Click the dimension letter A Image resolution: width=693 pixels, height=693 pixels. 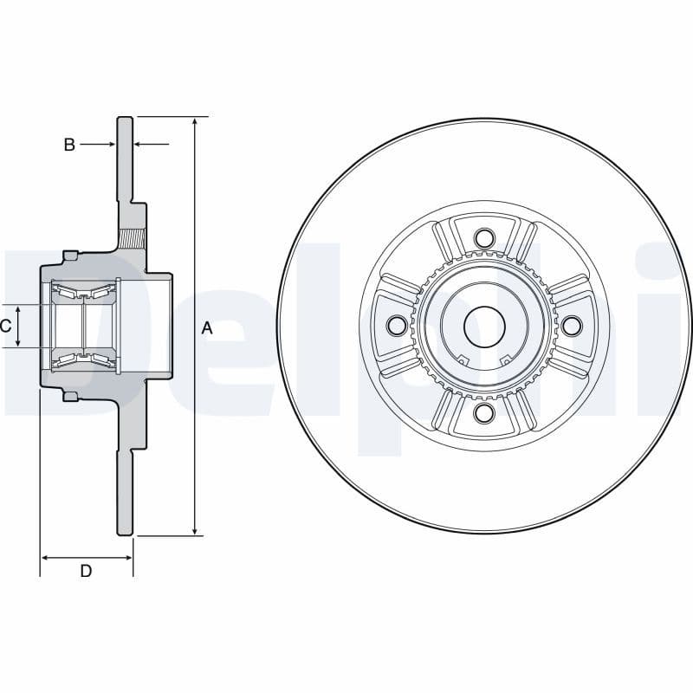pyautogui.click(x=207, y=327)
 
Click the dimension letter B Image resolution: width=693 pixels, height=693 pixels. pyautogui.click(x=69, y=145)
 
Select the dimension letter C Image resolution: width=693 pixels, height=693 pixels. pyautogui.click(x=5, y=326)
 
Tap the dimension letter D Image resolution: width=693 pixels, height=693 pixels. pyautogui.click(x=86, y=570)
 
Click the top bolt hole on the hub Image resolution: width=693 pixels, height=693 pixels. pyautogui.click(x=484, y=237)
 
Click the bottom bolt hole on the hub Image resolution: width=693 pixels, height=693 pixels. pyautogui.click(x=484, y=412)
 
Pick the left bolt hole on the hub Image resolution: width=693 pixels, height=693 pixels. pyautogui.click(x=397, y=326)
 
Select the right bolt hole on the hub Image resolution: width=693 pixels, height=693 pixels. pyautogui.click(x=572, y=325)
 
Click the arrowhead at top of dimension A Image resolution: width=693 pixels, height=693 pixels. pyautogui.click(x=195, y=121)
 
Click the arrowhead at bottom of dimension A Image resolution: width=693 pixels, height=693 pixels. pyautogui.click(x=195, y=529)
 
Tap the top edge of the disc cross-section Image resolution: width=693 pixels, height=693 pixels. pyautogui.click(x=126, y=117)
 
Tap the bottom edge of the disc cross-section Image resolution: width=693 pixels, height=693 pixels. pyautogui.click(x=126, y=534)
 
